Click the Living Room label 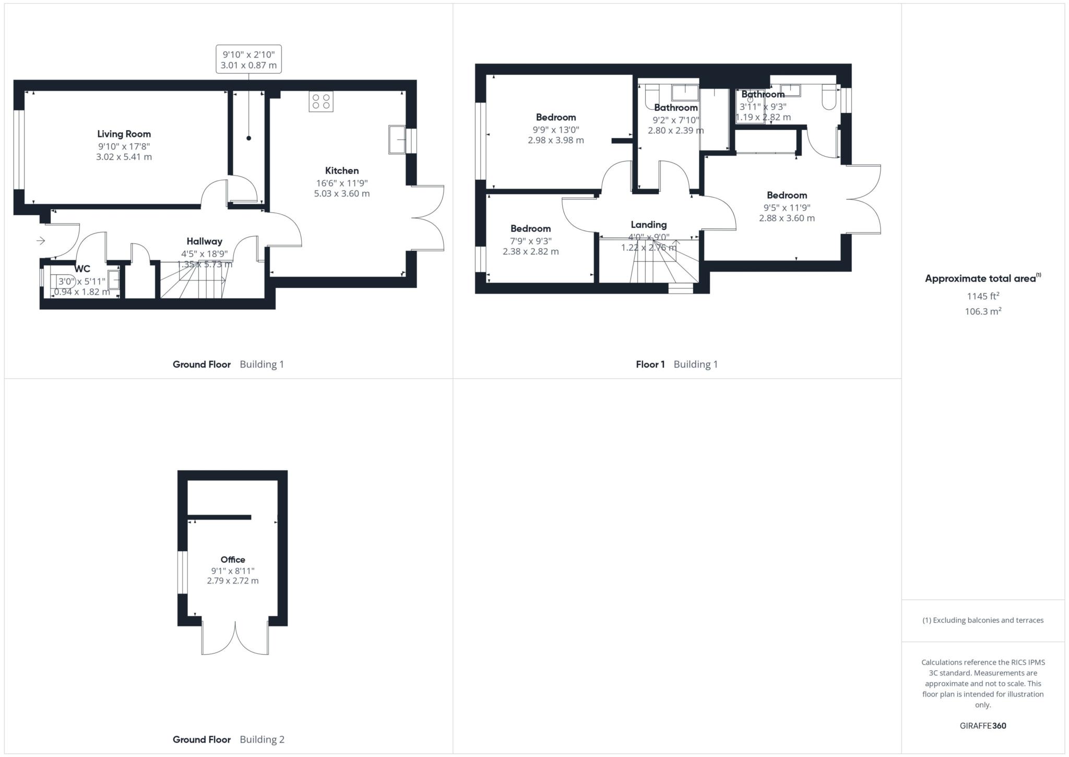(124, 134)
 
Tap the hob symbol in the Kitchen (320, 101)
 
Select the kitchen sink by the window (397, 139)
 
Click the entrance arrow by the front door (41, 241)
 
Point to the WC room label (82, 269)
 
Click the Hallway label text (204, 241)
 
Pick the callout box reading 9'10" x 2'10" (248, 59)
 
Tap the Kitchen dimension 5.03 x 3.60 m (341, 194)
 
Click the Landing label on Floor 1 (648, 225)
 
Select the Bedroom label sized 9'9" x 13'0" (555, 118)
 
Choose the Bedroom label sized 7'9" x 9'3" (530, 229)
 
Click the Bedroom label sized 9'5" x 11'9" (787, 195)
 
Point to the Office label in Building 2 (232, 560)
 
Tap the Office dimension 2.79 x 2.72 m (232, 581)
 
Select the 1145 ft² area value (982, 296)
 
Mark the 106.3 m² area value (982, 311)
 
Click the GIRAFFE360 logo (982, 726)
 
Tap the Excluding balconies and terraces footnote (982, 621)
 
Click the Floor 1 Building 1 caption (676, 365)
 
